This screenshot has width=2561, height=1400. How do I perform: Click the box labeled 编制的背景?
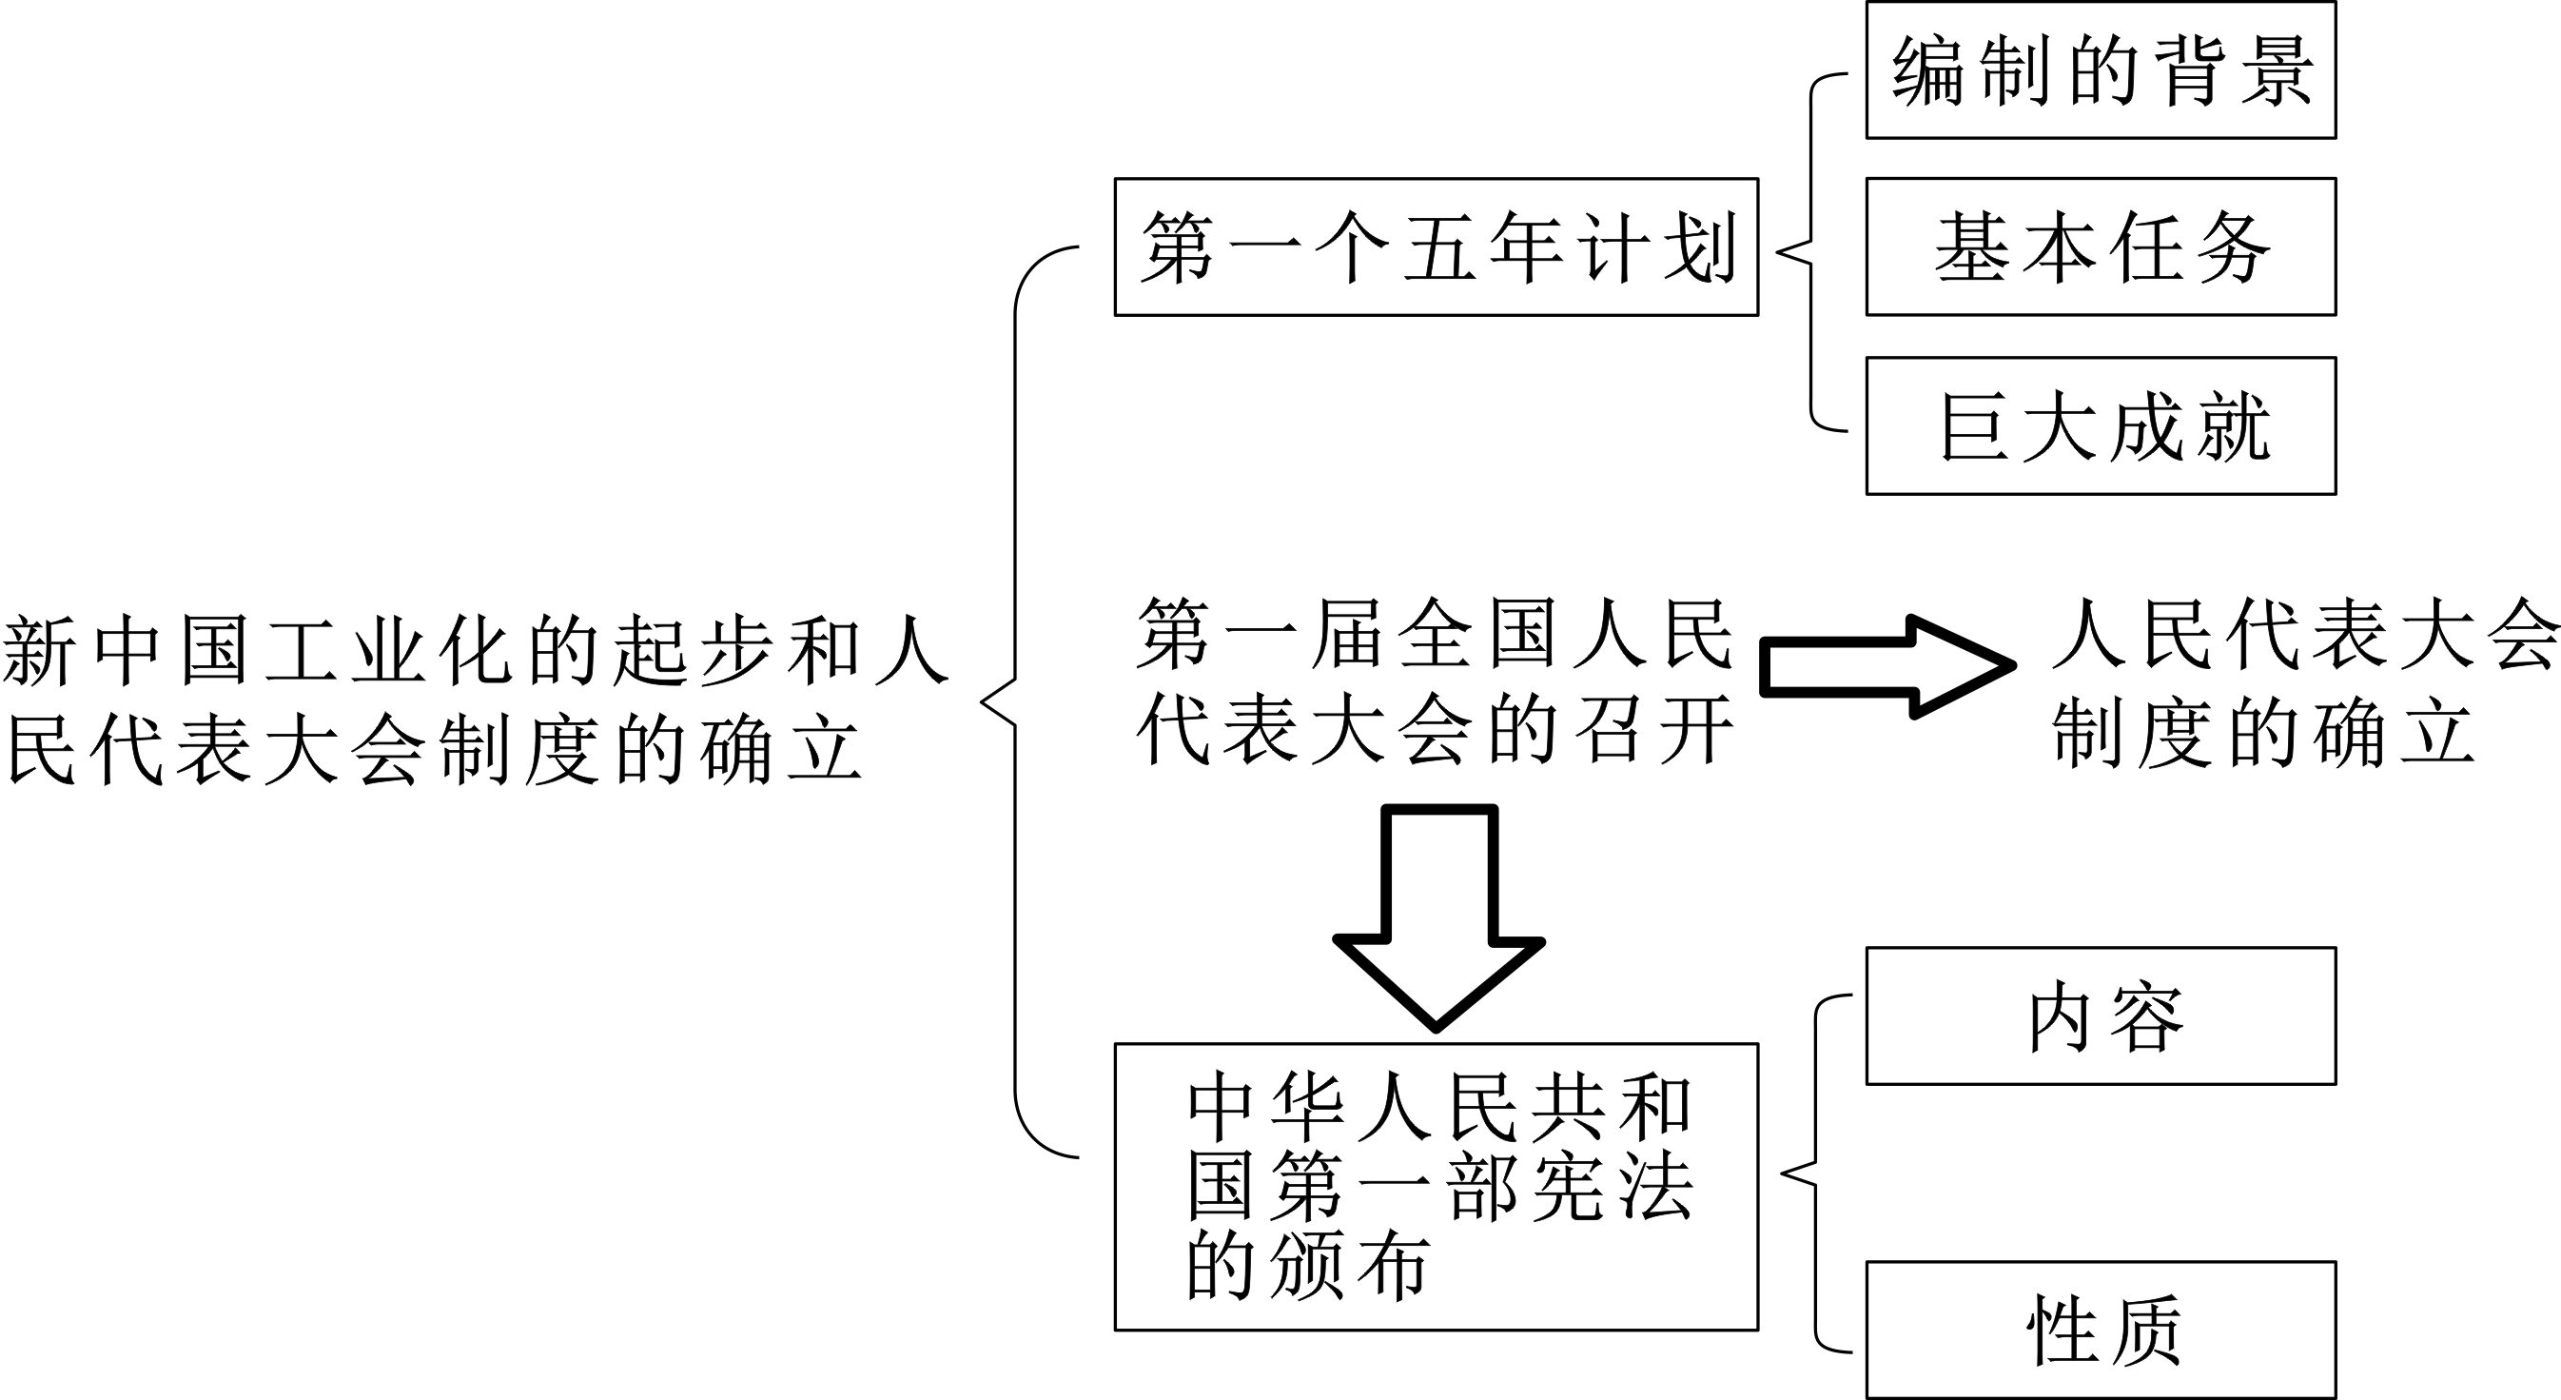click(x=2100, y=70)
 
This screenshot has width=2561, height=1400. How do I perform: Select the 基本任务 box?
click(x=2100, y=246)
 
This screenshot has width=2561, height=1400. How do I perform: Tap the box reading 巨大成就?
click(x=2100, y=425)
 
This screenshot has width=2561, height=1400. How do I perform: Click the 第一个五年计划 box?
click(x=1436, y=246)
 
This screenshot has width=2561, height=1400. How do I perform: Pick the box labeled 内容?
click(x=2100, y=1016)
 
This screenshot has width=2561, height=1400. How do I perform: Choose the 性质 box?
click(x=2100, y=1331)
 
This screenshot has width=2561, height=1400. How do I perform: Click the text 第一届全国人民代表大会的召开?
click(x=1436, y=682)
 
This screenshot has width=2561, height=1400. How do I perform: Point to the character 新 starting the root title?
click(x=40, y=651)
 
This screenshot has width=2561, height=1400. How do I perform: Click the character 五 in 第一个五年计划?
click(x=1438, y=247)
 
